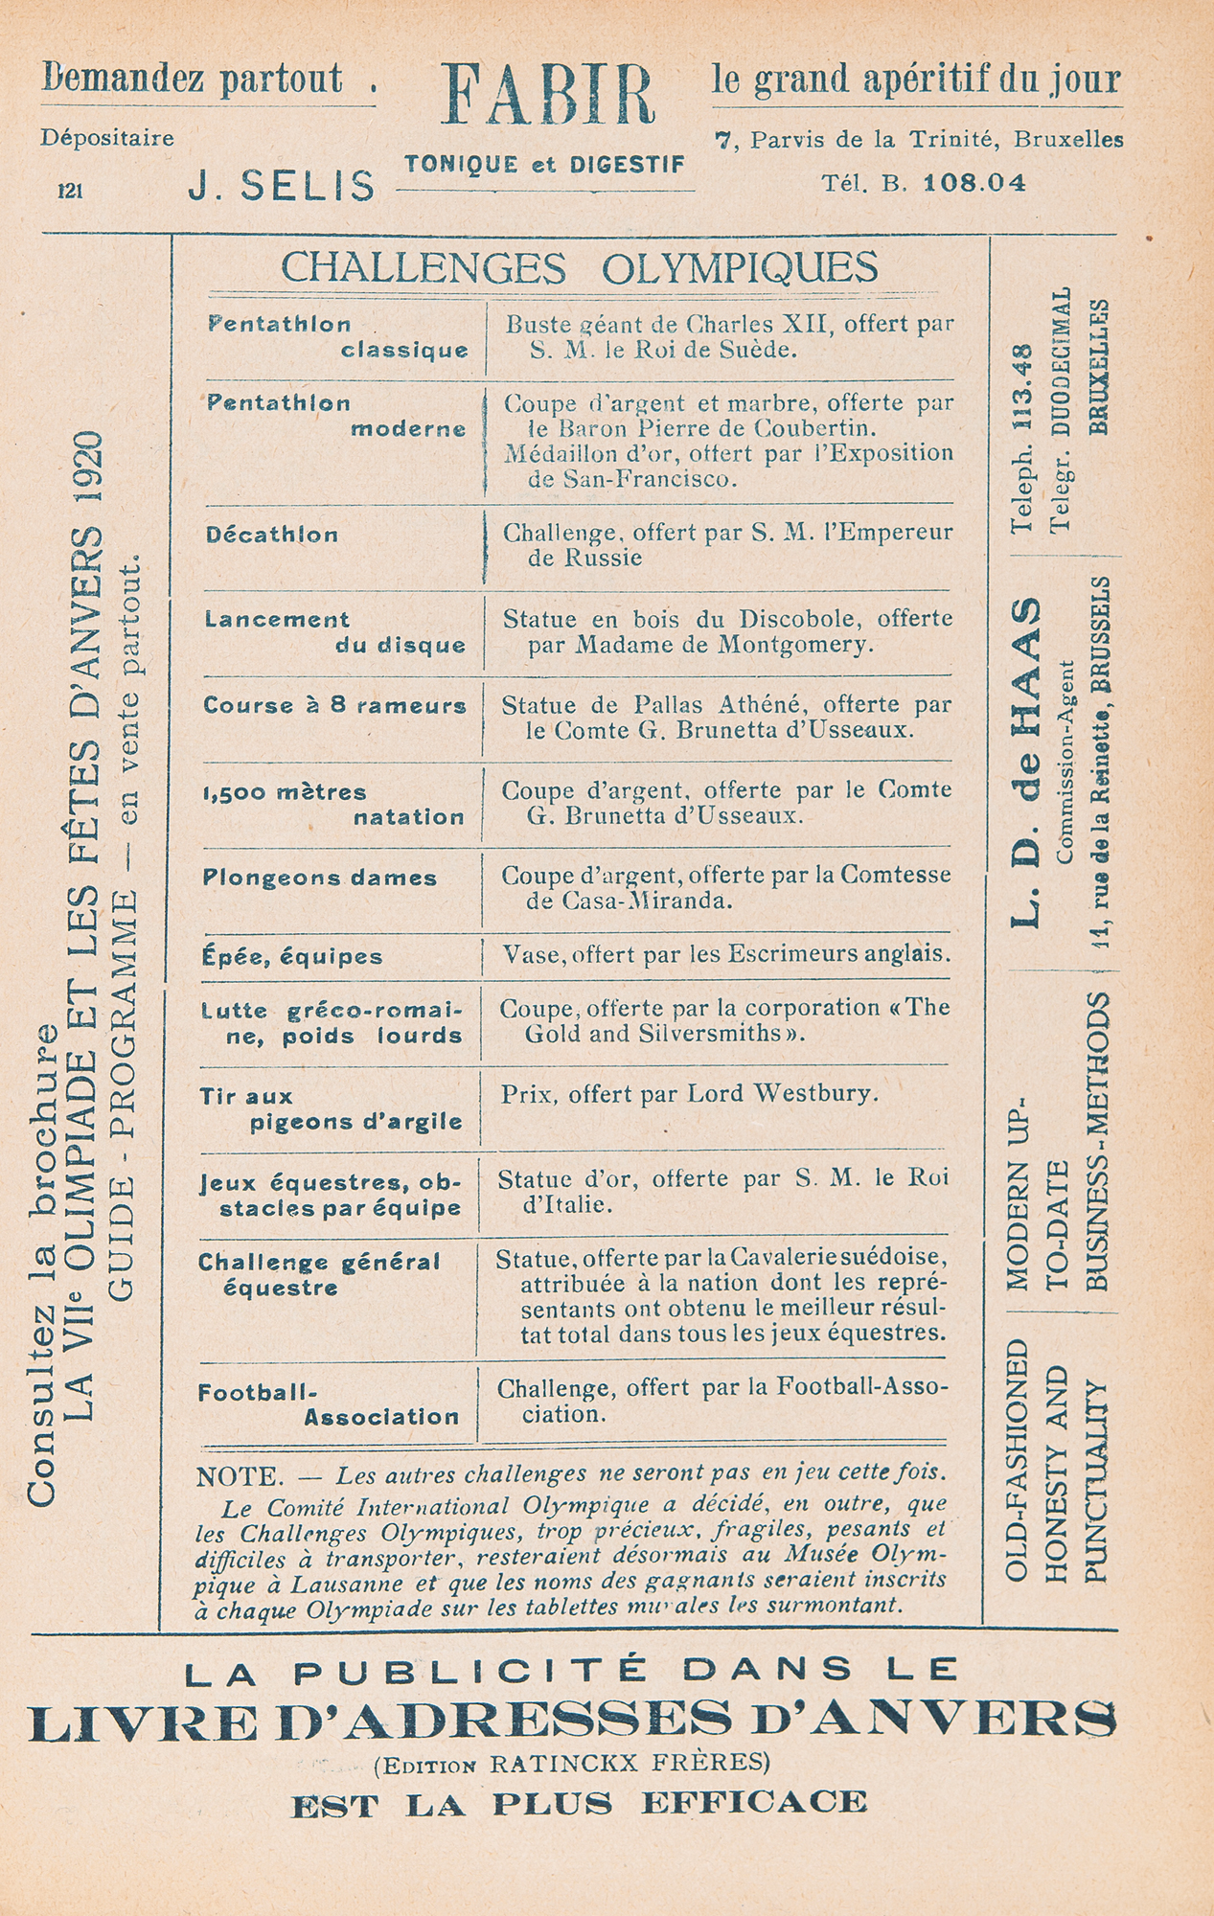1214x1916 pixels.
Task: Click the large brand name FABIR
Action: [547, 96]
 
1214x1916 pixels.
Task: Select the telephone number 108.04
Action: [973, 182]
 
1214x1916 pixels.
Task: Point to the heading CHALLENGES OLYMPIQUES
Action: [579, 267]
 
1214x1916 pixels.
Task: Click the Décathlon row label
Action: [272, 535]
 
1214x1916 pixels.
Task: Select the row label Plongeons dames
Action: [320, 878]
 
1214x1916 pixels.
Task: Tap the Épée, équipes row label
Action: [292, 956]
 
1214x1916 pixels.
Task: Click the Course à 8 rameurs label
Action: [334, 706]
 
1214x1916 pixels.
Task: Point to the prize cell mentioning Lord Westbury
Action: [689, 1093]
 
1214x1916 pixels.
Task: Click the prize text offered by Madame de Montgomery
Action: [726, 631]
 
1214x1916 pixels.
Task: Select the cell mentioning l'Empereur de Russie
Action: [727, 544]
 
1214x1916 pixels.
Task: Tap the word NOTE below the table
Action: [239, 1476]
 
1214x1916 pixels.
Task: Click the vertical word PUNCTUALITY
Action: [1095, 1481]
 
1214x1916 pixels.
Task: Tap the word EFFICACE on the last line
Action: [753, 1802]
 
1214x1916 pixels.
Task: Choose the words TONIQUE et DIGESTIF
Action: [545, 164]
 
